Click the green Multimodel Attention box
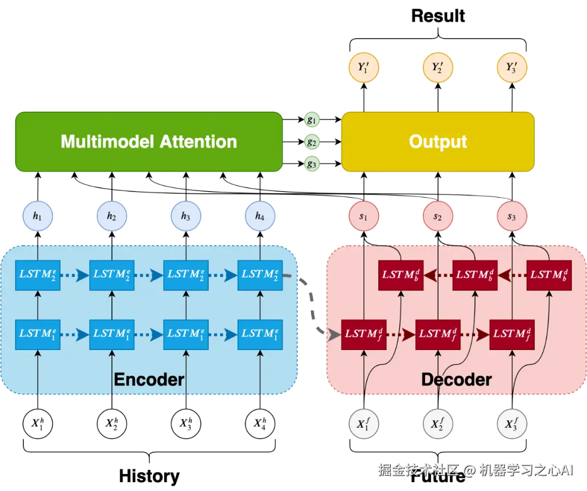pyautogui.click(x=148, y=142)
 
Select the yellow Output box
pyautogui.click(x=438, y=142)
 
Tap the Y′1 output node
pyautogui.click(x=364, y=68)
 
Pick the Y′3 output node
pyautogui.click(x=512, y=68)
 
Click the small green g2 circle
pyautogui.click(x=311, y=142)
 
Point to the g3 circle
pyautogui.click(x=311, y=163)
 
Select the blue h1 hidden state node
pyautogui.click(x=37, y=216)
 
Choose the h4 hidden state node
pyautogui.click(x=260, y=216)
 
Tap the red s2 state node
pyautogui.click(x=438, y=216)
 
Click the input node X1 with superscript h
pyautogui.click(x=37, y=422)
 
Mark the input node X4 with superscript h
pyautogui.click(x=260, y=422)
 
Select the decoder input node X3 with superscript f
pyautogui.click(x=512, y=422)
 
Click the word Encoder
pyautogui.click(x=149, y=379)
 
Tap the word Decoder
pyautogui.click(x=457, y=379)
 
